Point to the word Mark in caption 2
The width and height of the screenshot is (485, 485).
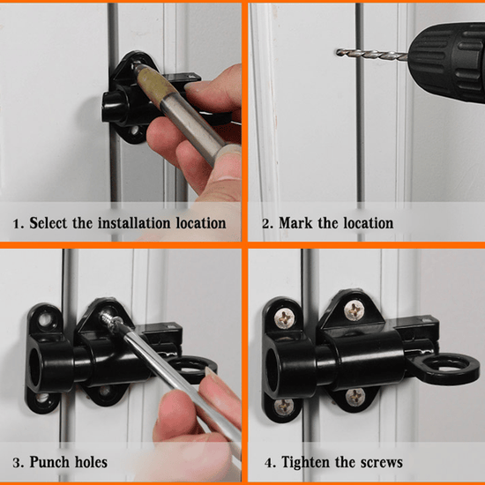pos(298,223)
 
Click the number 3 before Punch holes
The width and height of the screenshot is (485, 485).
pos(17,462)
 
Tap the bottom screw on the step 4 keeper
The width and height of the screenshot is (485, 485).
pos(284,407)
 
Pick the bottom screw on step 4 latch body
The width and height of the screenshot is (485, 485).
pos(354,397)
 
